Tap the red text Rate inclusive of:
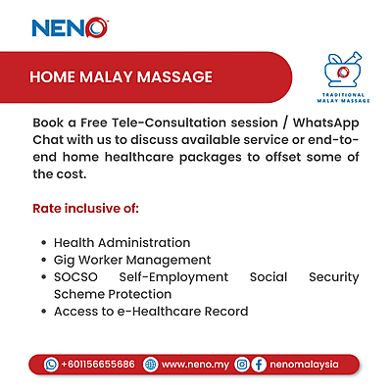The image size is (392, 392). (86, 209)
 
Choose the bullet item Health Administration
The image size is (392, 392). (122, 242)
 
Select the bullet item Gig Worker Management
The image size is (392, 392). (131, 260)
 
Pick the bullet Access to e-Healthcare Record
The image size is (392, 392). (150, 312)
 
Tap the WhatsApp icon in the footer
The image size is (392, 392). (51, 364)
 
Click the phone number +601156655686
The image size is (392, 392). (97, 364)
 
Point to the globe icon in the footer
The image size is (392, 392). (149, 364)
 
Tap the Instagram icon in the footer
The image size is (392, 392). (241, 364)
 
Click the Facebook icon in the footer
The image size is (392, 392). (259, 364)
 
